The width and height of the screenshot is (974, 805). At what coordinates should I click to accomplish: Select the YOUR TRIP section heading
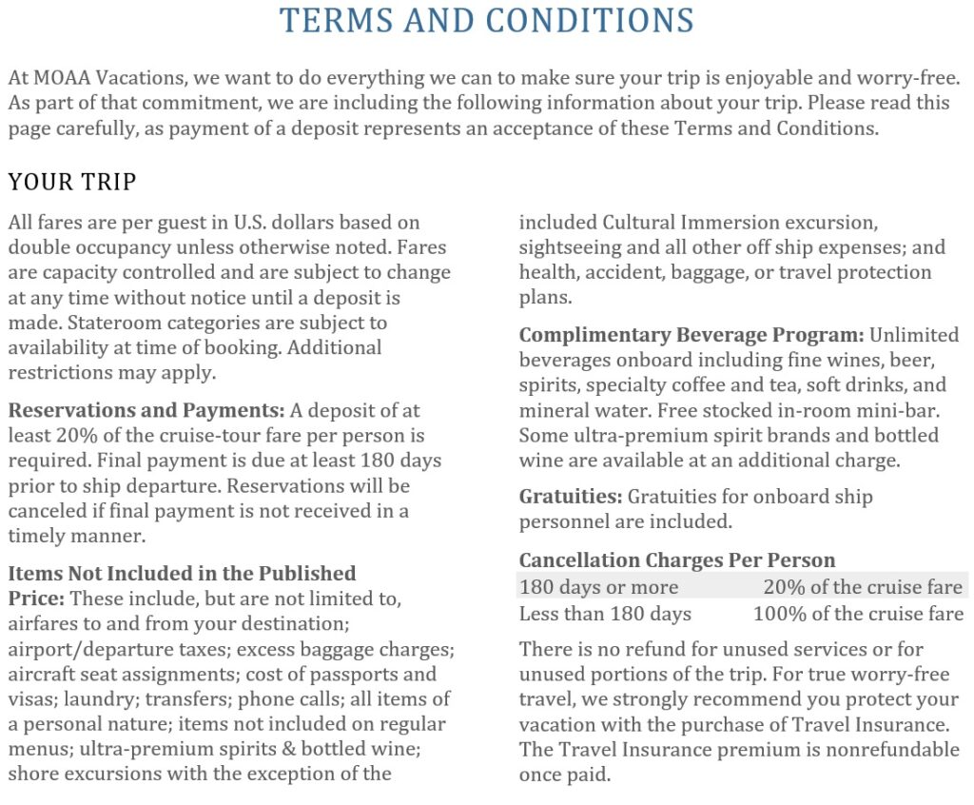[72, 181]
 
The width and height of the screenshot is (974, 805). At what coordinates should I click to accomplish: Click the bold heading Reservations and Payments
[146, 411]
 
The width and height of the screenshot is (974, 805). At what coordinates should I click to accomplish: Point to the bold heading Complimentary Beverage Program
[691, 335]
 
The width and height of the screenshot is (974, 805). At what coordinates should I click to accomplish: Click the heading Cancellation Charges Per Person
[677, 560]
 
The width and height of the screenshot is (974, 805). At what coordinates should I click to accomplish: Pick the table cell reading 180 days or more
[598, 587]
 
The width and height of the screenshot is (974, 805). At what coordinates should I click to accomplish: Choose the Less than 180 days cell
[605, 614]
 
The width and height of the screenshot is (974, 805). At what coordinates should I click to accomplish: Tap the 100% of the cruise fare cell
[858, 614]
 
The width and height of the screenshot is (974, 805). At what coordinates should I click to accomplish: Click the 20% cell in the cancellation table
[863, 587]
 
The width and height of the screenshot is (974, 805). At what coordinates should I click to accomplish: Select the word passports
[343, 675]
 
